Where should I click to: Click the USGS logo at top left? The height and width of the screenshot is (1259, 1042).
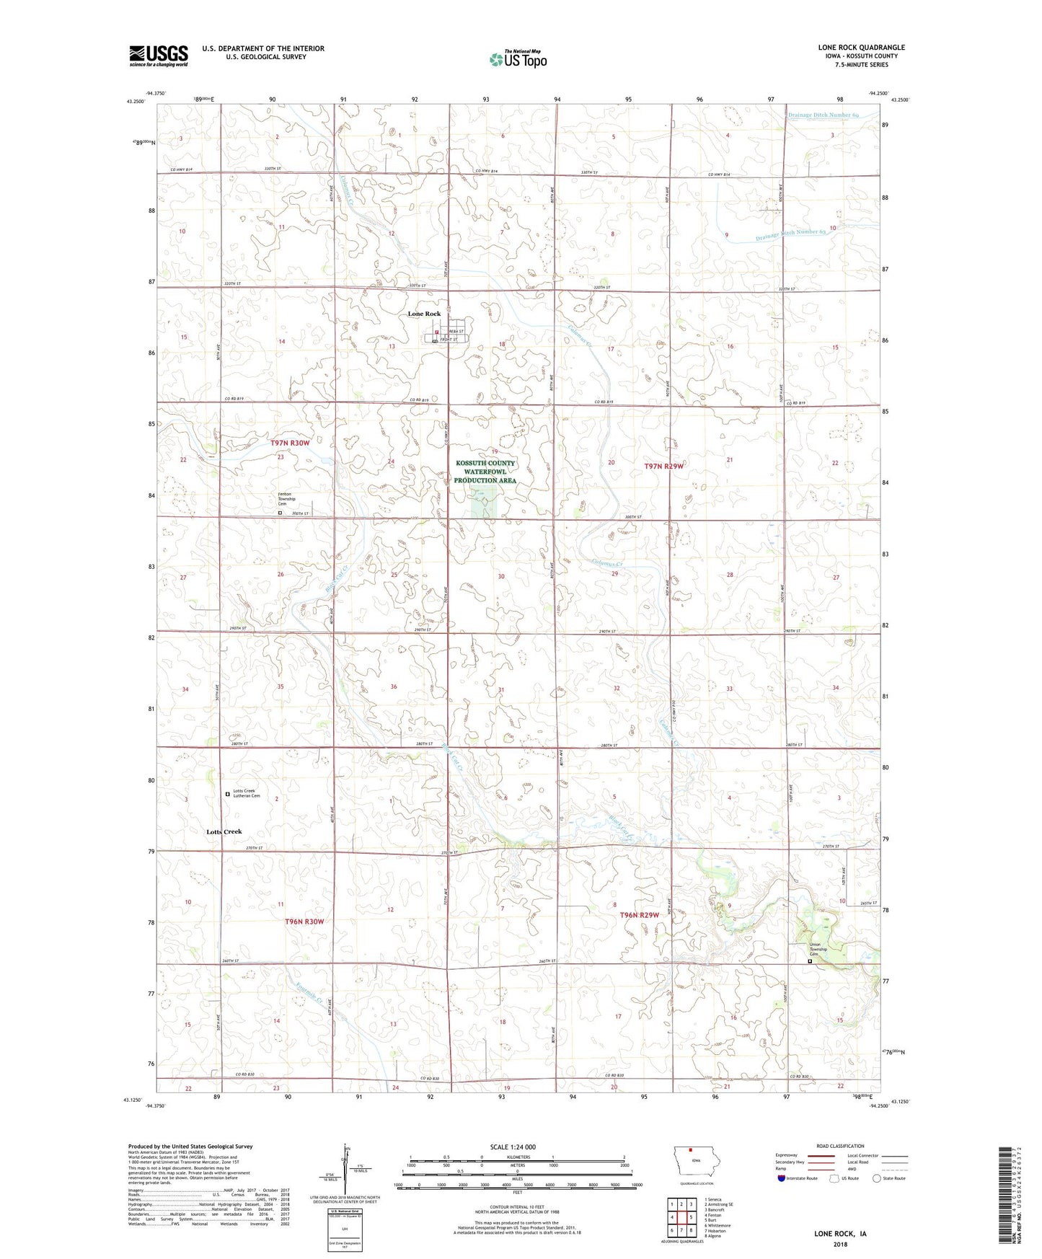pyautogui.click(x=159, y=56)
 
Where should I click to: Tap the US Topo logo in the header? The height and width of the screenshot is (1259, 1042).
pyautogui.click(x=518, y=59)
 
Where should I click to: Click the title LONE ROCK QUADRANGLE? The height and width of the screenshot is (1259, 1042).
pyautogui.click(x=861, y=48)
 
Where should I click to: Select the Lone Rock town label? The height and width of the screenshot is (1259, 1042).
pyautogui.click(x=424, y=314)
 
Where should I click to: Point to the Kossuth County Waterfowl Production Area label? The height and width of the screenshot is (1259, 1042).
pyautogui.click(x=485, y=472)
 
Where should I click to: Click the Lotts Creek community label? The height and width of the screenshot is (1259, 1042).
pyautogui.click(x=224, y=831)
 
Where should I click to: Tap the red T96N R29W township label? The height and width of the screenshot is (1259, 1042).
pyautogui.click(x=640, y=915)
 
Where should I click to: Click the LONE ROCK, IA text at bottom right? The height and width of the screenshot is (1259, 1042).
pyautogui.click(x=840, y=1233)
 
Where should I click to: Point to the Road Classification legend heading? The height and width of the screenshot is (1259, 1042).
pyautogui.click(x=840, y=1146)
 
